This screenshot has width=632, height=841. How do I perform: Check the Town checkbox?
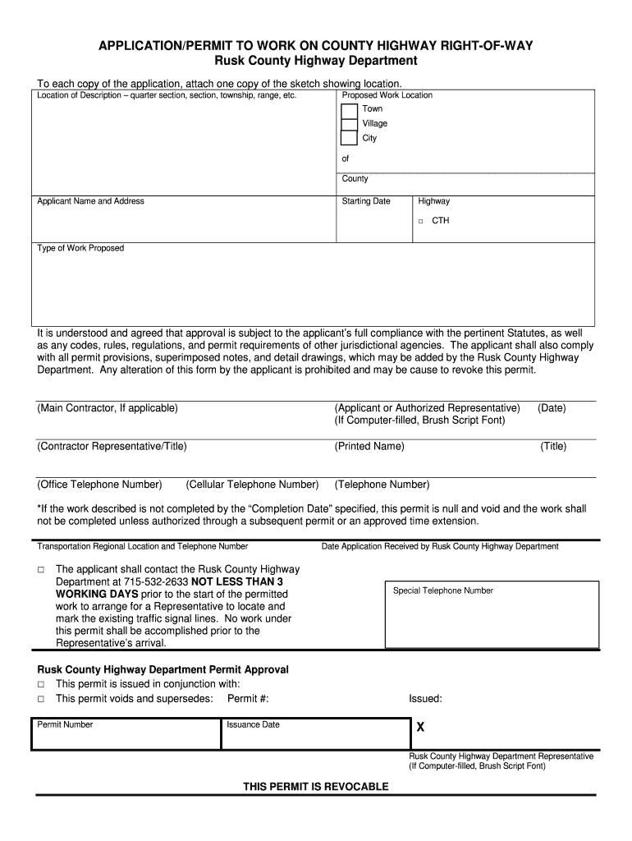350,110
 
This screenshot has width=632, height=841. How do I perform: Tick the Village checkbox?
350,124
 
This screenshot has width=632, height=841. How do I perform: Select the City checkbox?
350,138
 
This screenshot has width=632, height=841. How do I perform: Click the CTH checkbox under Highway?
420,221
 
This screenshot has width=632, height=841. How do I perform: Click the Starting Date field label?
366,201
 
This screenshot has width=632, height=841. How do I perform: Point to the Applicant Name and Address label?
90,201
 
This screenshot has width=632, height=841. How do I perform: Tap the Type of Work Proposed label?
80,248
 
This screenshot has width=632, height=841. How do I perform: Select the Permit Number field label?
65,724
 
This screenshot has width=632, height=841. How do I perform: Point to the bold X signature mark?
420,728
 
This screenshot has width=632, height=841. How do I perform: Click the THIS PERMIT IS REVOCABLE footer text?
316,787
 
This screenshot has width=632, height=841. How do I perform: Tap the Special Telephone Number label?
443,591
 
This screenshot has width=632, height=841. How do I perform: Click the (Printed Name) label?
369,446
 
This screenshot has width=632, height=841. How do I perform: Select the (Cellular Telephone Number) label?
252,485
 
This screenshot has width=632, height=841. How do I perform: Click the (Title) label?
553,446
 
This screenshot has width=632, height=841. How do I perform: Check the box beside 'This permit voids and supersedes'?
40,699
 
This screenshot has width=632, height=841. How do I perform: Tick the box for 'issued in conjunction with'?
40,684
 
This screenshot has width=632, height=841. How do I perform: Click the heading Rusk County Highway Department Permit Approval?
163,669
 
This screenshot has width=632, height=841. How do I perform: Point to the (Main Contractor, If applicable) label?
108,407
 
